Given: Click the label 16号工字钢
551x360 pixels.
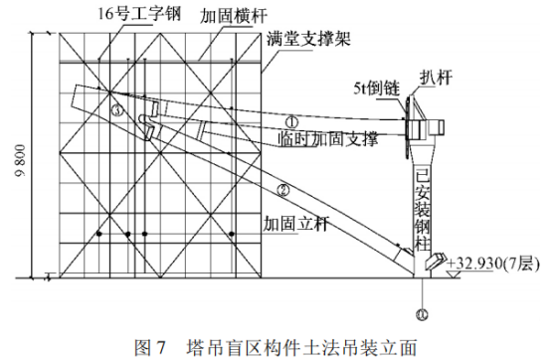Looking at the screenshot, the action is tap(139, 15).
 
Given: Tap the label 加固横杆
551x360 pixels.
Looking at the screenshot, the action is tap(233, 16).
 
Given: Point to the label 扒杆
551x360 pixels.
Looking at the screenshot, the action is tap(436, 78).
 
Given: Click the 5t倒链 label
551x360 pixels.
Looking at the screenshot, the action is tap(377, 88).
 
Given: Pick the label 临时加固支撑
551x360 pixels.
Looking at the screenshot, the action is tap(328, 139).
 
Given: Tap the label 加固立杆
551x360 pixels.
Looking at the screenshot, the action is tap(296, 224).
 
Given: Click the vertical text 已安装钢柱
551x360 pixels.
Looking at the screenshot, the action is tap(422, 210).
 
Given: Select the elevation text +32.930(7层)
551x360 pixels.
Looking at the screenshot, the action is tap(492, 264).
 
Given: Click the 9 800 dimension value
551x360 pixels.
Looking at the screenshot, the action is tap(21, 160).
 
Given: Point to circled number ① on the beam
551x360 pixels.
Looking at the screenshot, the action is tap(291, 122).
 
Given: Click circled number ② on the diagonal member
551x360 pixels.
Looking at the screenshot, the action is tap(283, 190).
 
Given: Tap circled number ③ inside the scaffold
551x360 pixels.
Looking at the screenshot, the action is tap(117, 110).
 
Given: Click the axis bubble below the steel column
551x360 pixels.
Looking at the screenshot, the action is tap(422, 314).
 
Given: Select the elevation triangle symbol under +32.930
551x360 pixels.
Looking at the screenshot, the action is tap(454, 274).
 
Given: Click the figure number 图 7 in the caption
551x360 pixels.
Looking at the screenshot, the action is tap(150, 347).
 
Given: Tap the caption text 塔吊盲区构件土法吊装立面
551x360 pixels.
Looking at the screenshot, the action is tap(301, 347).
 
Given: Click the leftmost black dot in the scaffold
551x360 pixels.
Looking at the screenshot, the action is tap(99, 234).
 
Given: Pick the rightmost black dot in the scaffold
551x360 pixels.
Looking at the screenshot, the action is tap(231, 234).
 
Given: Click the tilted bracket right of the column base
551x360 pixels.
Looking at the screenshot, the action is tap(436, 261).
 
